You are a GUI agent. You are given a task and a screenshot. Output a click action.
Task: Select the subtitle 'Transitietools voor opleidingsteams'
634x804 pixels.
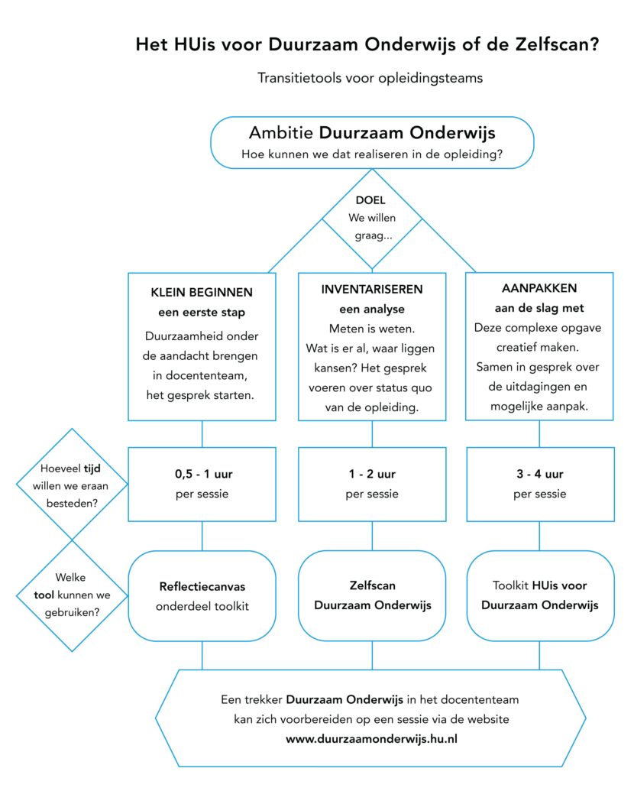point(370,78)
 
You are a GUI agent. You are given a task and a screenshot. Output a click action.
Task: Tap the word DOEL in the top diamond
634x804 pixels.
point(371,201)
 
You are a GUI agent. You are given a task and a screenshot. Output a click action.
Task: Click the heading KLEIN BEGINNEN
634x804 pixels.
point(202,293)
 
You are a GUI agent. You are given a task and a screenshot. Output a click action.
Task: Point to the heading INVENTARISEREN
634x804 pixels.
point(372,290)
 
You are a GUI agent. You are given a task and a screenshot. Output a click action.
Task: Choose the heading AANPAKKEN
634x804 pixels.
point(539,288)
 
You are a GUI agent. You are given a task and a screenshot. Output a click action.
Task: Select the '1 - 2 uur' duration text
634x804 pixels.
point(372,475)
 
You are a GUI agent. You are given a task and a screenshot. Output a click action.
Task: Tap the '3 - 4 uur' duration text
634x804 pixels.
point(539,475)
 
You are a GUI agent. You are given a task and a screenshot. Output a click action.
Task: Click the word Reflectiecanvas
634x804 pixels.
point(202,587)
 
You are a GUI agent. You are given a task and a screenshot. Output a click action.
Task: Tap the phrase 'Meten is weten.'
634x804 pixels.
point(372,329)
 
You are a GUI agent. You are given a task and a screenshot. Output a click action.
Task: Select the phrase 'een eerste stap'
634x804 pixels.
point(202,312)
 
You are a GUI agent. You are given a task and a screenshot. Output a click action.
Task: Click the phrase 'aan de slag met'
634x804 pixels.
point(539,308)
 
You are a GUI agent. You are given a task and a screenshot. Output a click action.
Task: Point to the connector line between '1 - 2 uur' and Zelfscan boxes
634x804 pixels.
point(372,537)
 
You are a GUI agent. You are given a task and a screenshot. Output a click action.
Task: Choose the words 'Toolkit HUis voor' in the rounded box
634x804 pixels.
point(540,586)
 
